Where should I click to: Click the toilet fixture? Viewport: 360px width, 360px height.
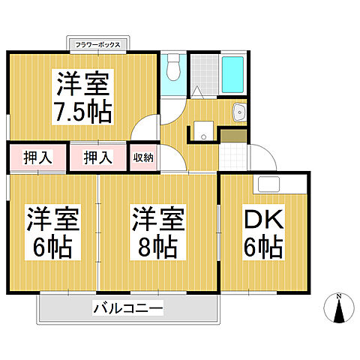click(173, 68)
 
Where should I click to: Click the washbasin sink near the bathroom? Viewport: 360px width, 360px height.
click(239, 113)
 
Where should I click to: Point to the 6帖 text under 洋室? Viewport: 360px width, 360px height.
click(52, 247)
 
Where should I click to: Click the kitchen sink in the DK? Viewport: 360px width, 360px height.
click(269, 184)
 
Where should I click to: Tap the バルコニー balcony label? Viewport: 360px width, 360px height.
click(128, 307)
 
